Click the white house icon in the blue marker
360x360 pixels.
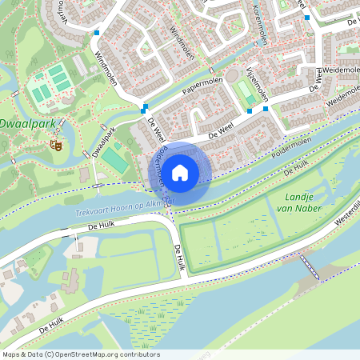(180, 171)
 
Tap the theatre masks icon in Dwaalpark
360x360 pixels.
(56, 145)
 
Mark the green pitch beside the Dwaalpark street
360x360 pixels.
(116, 161)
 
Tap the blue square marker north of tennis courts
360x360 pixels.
(96, 33)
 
